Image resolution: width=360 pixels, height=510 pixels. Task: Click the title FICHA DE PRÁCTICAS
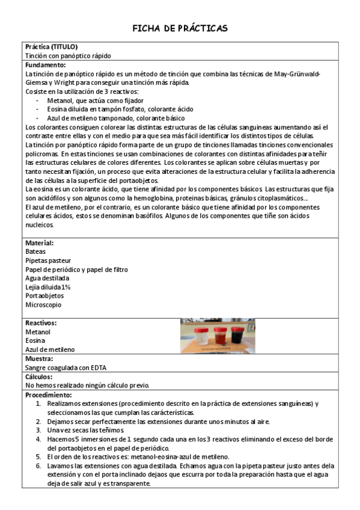180,28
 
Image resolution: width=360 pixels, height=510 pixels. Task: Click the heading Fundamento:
46,64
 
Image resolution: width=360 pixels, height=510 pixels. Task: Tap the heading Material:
40,243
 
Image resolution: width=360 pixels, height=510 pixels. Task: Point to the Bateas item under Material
35,251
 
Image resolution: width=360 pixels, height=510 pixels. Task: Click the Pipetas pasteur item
48,260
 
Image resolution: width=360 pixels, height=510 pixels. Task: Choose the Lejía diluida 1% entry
48,287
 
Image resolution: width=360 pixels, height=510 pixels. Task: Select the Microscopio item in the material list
43,305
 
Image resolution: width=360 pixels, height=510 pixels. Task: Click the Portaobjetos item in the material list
45,296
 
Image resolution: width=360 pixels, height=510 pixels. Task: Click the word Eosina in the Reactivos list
35,340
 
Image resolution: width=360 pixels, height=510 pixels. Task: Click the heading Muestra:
40,358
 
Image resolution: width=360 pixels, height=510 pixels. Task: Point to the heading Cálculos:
40,376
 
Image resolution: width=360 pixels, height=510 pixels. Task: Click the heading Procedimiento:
49,395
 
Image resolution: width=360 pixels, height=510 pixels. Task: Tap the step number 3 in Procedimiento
38,430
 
